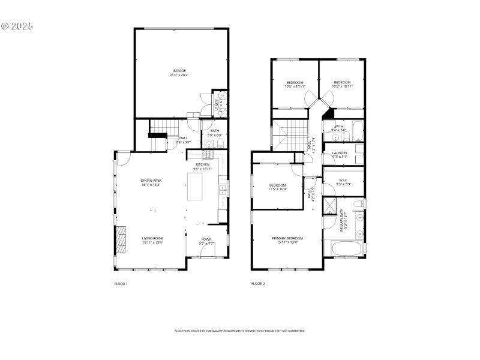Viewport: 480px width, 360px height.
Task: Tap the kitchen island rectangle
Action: coord(196,186)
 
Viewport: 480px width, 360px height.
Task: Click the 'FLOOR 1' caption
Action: coord(121,283)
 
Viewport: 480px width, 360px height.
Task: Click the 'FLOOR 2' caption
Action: coord(258,283)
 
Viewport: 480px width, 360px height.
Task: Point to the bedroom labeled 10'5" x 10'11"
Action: coord(294,84)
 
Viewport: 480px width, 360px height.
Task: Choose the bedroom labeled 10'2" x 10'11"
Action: coord(342,84)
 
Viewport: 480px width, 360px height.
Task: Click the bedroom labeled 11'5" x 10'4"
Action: coord(277,187)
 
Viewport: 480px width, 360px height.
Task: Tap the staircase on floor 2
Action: coord(289,132)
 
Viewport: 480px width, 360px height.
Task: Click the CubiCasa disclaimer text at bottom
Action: coord(240,331)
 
